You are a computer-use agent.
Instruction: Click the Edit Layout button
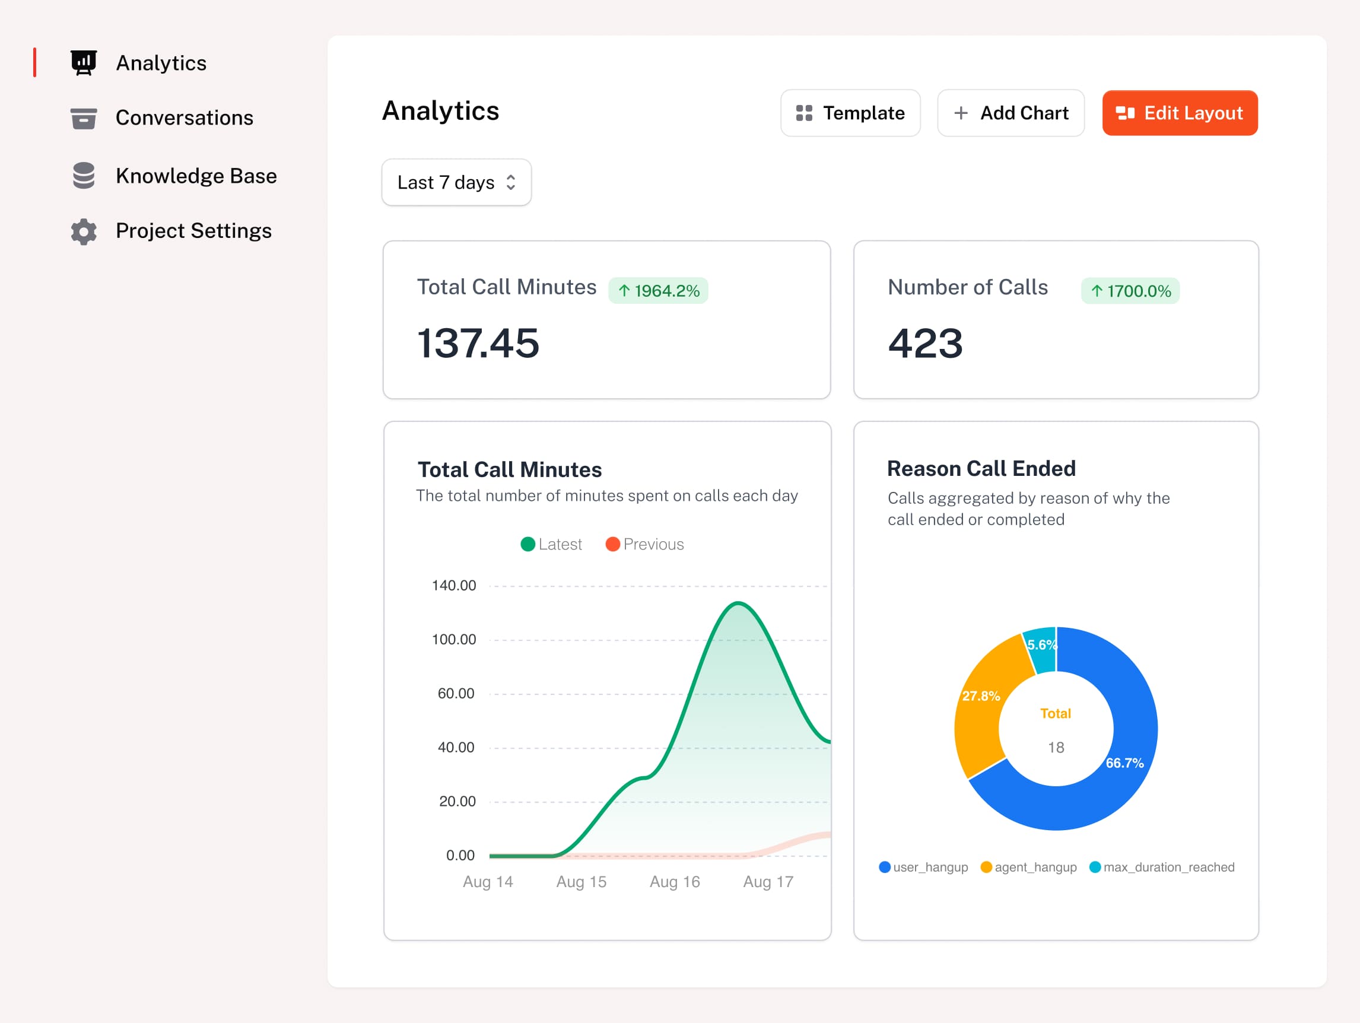(1179, 113)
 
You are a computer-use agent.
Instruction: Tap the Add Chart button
(1010, 113)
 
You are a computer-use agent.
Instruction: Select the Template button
(850, 113)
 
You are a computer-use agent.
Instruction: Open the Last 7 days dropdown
(456, 183)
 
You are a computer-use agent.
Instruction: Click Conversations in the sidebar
(184, 118)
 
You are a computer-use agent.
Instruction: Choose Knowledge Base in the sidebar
(196, 176)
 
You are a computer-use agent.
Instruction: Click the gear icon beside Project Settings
(84, 231)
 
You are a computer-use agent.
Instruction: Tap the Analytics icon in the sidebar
(84, 63)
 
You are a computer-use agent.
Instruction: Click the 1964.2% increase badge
(658, 291)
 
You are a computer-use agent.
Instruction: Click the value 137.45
(478, 343)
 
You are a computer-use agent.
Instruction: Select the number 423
(924, 343)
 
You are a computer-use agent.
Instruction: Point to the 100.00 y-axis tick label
(454, 640)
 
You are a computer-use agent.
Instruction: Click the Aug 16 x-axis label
(675, 882)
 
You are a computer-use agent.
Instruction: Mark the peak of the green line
(738, 603)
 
